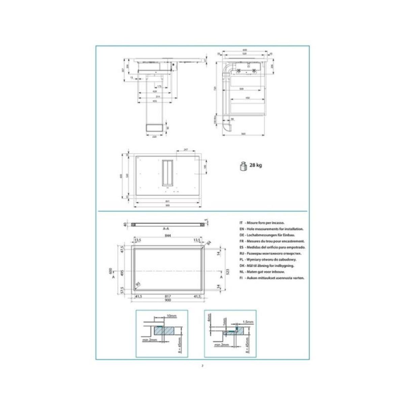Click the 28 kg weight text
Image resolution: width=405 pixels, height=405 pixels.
(255, 165)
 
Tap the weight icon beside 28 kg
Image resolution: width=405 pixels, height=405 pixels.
(243, 166)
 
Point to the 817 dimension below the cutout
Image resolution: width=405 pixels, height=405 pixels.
(168, 296)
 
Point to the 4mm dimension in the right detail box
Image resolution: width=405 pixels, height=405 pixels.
(209, 318)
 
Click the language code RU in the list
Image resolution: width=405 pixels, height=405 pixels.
(241, 253)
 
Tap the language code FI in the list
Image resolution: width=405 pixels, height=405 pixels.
(241, 278)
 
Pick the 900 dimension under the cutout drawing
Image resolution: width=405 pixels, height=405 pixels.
(168, 300)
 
